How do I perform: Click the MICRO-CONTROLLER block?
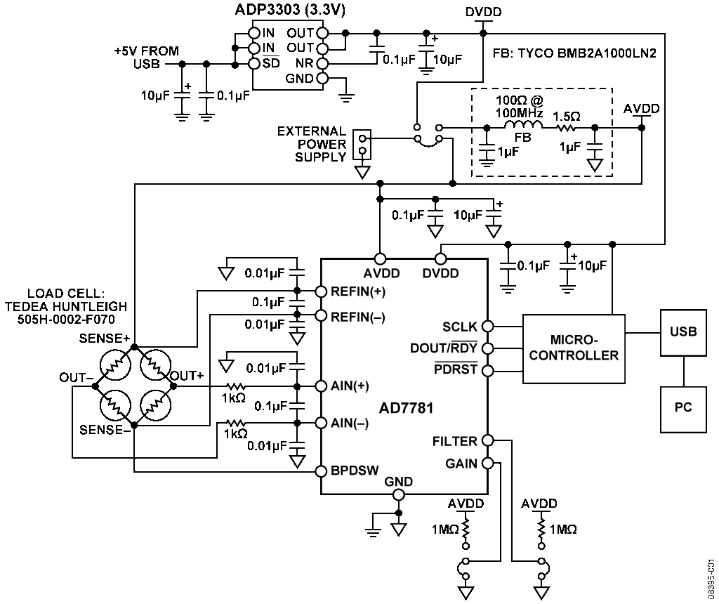(x=574, y=348)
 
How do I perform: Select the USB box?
(x=682, y=332)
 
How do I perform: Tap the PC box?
(x=682, y=409)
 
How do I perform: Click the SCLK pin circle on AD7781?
(x=487, y=326)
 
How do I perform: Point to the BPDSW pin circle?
(x=321, y=471)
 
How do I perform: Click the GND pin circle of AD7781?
(x=399, y=494)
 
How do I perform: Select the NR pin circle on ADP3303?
(x=323, y=63)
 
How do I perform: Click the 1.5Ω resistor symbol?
(x=567, y=128)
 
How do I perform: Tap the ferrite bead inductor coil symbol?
(x=523, y=125)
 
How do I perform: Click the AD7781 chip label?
(x=407, y=408)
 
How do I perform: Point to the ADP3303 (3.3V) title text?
(x=290, y=10)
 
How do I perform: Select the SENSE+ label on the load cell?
(x=105, y=339)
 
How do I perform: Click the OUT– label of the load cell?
(x=76, y=377)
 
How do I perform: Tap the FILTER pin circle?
(x=487, y=440)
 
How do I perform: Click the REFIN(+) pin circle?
(x=321, y=291)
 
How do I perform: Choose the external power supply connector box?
(x=362, y=145)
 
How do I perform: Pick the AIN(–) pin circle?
(x=321, y=423)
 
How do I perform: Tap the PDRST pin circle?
(x=487, y=371)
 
